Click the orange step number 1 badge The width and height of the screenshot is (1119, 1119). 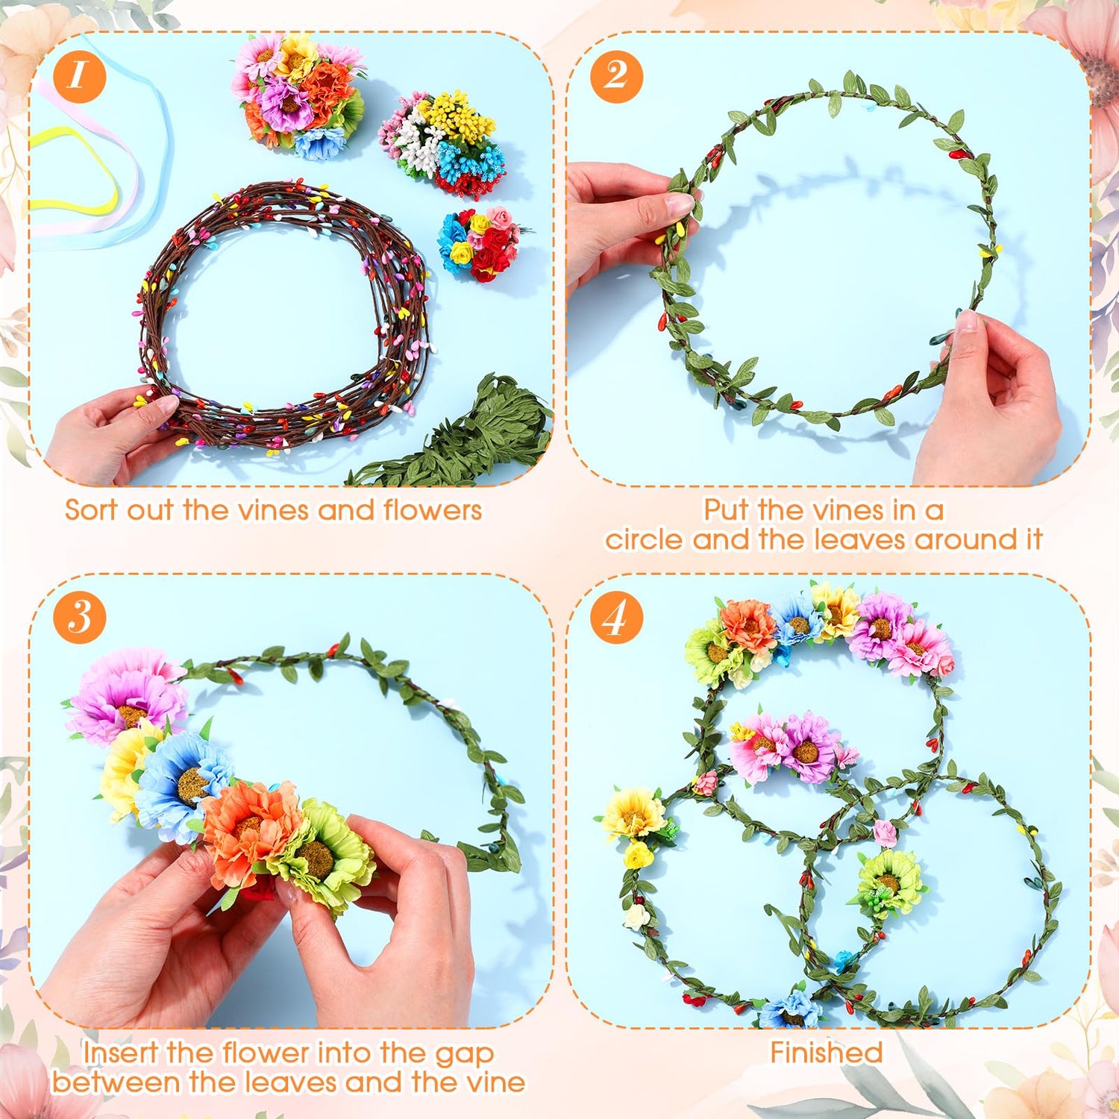pos(79,76)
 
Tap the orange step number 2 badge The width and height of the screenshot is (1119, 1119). pos(616,76)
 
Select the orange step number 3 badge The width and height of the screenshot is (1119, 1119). pos(79,618)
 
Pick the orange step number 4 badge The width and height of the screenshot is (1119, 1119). pos(616,618)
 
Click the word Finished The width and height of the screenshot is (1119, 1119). pos(827,1053)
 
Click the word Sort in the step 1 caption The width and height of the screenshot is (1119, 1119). pos(93,510)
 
